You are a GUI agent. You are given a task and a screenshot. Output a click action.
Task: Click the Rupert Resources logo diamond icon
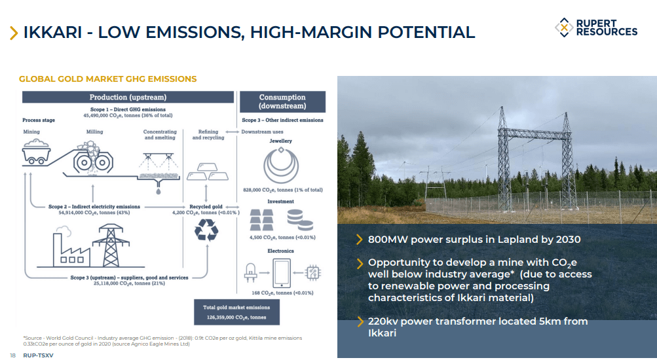pos(564,27)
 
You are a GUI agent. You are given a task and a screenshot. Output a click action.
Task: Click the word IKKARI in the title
pos(52,32)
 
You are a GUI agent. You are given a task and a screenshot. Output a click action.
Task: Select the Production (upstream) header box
pos(128,97)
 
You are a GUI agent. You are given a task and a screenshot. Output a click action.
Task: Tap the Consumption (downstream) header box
pos(282,101)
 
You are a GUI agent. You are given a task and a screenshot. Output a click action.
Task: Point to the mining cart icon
pos(37,152)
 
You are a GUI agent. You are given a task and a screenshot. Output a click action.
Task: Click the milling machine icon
pos(93,158)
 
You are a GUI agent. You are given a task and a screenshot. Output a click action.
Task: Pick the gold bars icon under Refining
pos(208,171)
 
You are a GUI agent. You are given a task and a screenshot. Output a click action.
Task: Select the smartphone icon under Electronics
pos(281,273)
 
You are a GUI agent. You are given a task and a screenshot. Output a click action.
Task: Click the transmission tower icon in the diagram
pos(111,245)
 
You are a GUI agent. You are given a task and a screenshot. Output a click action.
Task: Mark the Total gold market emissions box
pos(236,312)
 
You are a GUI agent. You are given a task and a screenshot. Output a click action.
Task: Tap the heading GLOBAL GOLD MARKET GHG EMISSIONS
pos(107,79)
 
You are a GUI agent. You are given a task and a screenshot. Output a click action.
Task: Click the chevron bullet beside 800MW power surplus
pos(359,240)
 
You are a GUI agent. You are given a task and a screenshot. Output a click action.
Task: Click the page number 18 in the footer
pos(12,355)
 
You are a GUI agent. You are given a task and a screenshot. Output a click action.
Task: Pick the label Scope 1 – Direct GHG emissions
pos(128,110)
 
